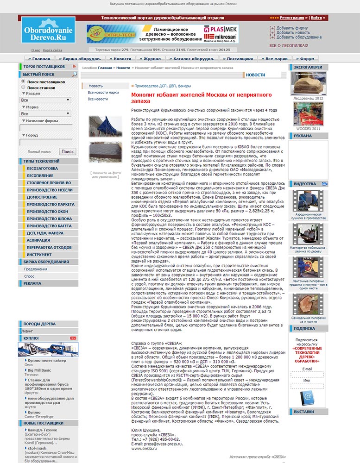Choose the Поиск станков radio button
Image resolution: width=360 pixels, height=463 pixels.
[x=23, y=87]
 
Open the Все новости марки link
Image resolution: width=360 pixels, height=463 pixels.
[x=103, y=93]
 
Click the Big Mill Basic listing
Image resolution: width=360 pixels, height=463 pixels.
[x=39, y=370]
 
